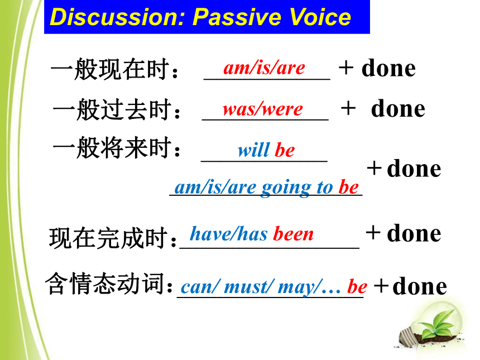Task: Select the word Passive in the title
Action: click(238, 17)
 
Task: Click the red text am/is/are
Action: click(264, 68)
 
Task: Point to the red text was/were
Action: click(263, 109)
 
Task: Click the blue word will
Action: click(254, 150)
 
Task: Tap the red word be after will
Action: click(285, 150)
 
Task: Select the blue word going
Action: click(286, 188)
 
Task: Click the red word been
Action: click(293, 234)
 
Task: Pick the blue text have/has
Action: click(229, 234)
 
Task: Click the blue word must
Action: click(247, 287)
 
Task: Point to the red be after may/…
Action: click(357, 287)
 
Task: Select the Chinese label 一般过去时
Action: click(116, 109)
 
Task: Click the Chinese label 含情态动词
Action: click(109, 284)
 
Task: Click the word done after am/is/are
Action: click(388, 68)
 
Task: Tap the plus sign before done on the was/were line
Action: click(348, 108)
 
